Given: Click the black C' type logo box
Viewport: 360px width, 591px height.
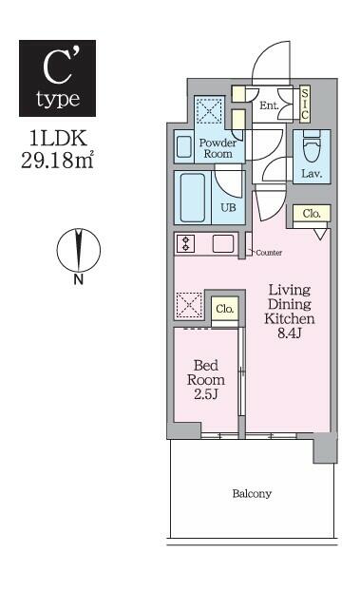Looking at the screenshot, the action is point(57,78).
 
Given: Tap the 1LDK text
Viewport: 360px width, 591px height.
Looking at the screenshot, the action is point(58,139).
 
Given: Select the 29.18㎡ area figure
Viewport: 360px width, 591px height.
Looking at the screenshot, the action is point(57,160).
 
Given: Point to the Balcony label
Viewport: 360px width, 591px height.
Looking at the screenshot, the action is point(252,494).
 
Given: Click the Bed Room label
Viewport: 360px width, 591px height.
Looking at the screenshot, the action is point(206,372).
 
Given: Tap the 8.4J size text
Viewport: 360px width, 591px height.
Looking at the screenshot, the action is point(289,334).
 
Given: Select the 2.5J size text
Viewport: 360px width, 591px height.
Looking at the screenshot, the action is point(206,394).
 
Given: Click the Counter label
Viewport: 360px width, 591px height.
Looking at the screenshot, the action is point(269,253).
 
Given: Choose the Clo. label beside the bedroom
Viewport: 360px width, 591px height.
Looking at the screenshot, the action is point(225,309).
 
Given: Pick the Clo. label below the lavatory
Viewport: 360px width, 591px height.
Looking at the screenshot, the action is point(312,214).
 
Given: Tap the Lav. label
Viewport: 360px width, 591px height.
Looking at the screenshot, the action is point(312,174).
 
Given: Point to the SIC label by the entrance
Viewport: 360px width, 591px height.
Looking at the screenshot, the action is point(305,104).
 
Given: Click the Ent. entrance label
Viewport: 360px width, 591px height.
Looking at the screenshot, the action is point(269,105).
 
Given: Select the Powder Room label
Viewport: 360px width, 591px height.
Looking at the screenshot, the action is point(218,148).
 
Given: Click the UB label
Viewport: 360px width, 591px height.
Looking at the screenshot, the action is point(228,207).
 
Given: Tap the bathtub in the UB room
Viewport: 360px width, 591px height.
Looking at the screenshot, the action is point(193,198).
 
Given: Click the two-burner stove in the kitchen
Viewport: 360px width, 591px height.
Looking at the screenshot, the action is point(186,243).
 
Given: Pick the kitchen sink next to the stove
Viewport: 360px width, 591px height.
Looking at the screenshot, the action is point(223,243).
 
